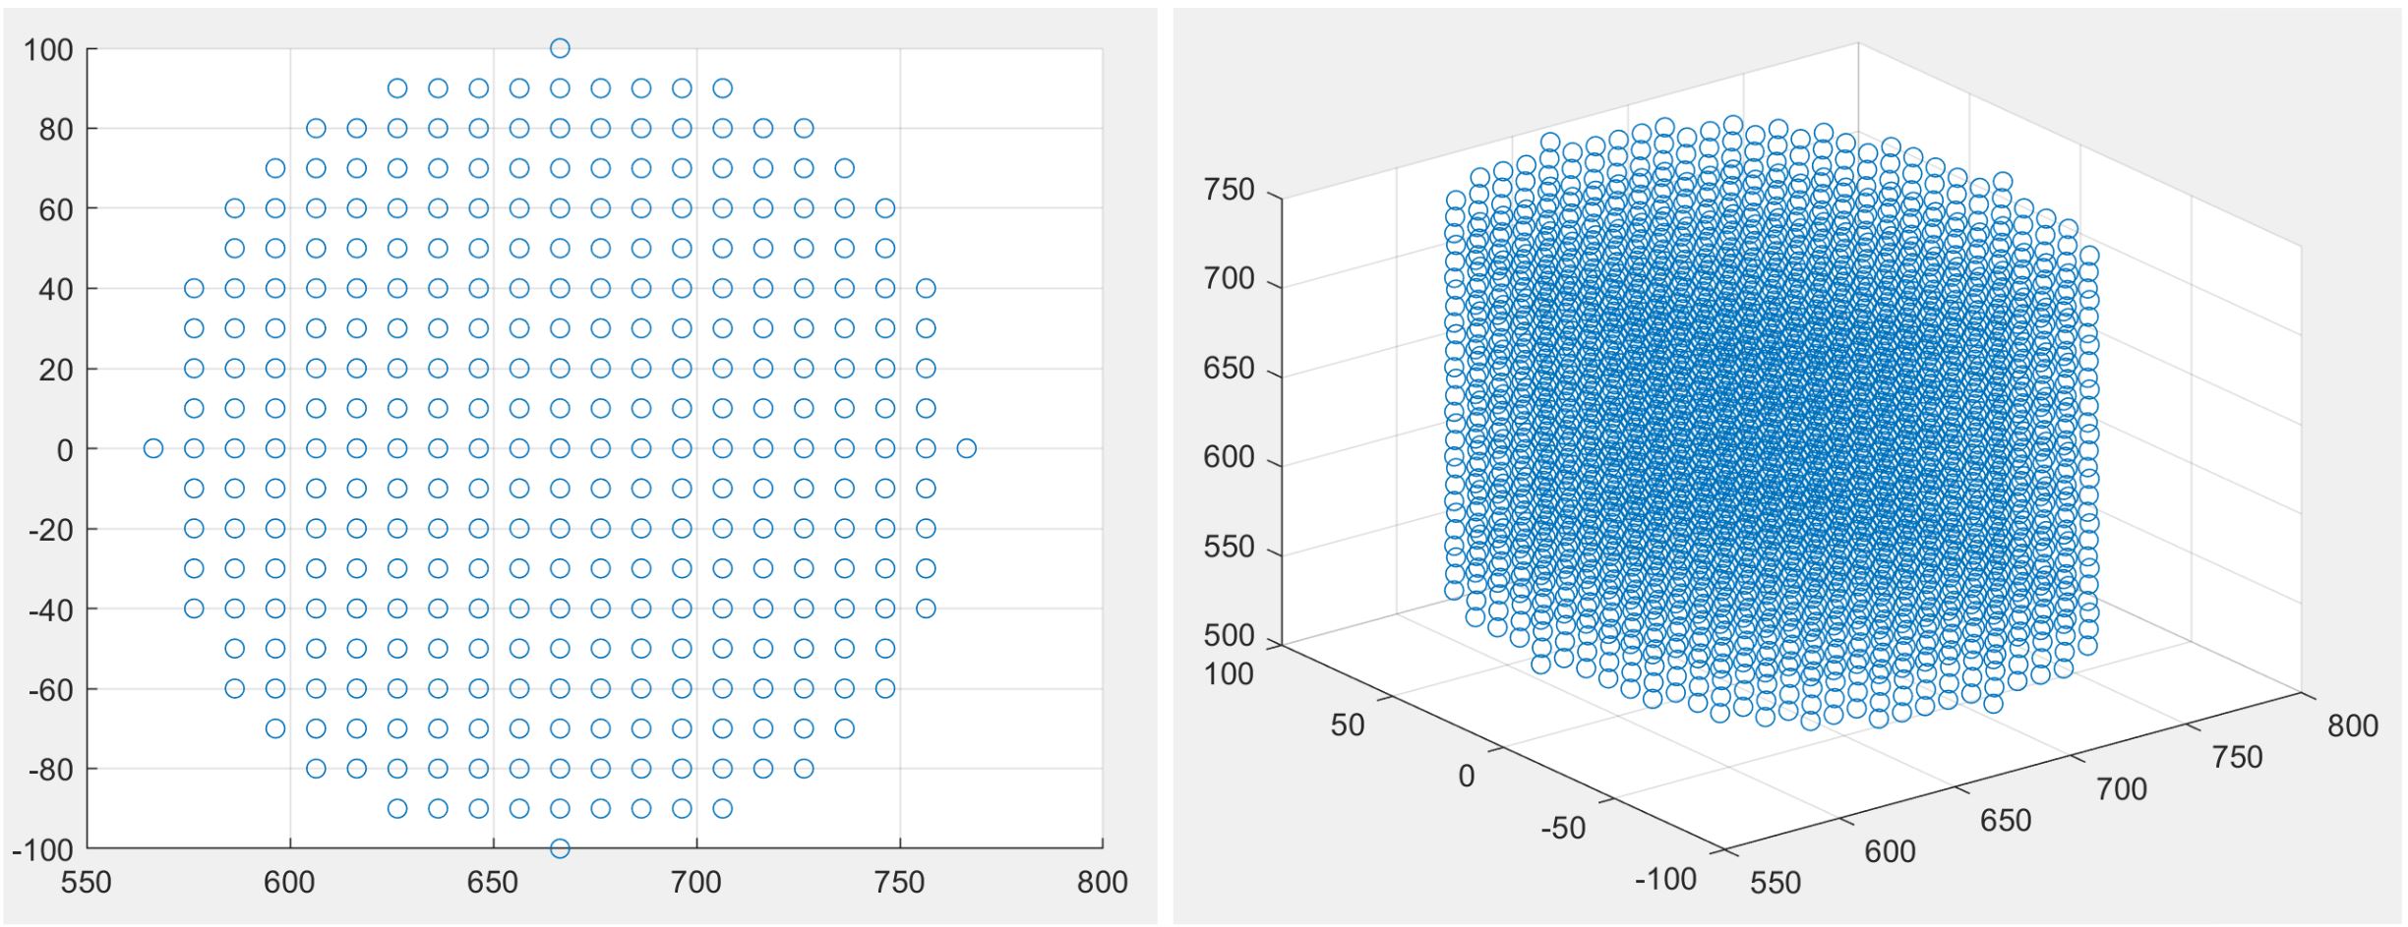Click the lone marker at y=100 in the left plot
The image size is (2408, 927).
pyautogui.click(x=560, y=48)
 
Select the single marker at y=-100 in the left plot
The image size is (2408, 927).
pyautogui.click(x=560, y=848)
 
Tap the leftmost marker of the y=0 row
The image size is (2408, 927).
pyautogui.click(x=153, y=448)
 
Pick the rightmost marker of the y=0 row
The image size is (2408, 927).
pyautogui.click(x=967, y=448)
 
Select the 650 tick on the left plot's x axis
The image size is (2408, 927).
pyautogui.click(x=493, y=882)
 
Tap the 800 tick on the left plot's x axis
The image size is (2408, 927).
pyautogui.click(x=1102, y=882)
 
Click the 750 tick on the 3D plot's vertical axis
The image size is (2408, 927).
pyautogui.click(x=1230, y=190)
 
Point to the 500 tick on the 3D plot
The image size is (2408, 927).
pyautogui.click(x=1230, y=636)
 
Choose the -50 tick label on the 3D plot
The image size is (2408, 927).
pyautogui.click(x=1563, y=828)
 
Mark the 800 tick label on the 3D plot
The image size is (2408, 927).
pyautogui.click(x=2353, y=725)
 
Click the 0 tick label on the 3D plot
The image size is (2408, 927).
pyautogui.click(x=1466, y=776)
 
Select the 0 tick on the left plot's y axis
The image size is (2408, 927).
pyautogui.click(x=65, y=450)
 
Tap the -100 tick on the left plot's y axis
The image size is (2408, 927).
pyautogui.click(x=43, y=849)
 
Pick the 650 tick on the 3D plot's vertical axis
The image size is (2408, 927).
pyautogui.click(x=1230, y=369)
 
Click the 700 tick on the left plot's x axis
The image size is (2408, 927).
pyautogui.click(x=696, y=882)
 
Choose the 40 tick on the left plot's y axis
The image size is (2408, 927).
pyautogui.click(x=56, y=289)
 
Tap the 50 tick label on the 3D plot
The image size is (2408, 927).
pyautogui.click(x=1348, y=724)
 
